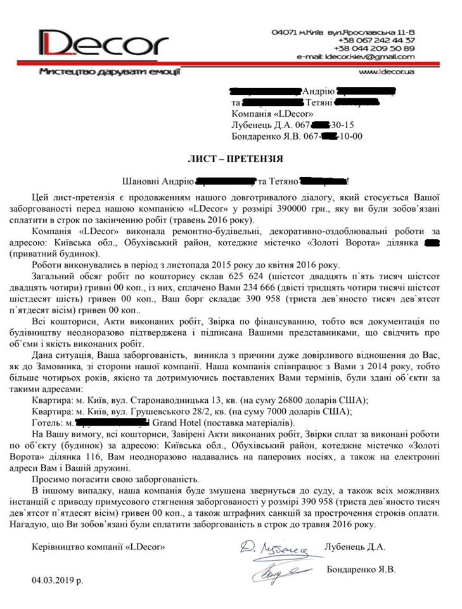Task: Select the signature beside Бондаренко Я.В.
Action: (x=277, y=572)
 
